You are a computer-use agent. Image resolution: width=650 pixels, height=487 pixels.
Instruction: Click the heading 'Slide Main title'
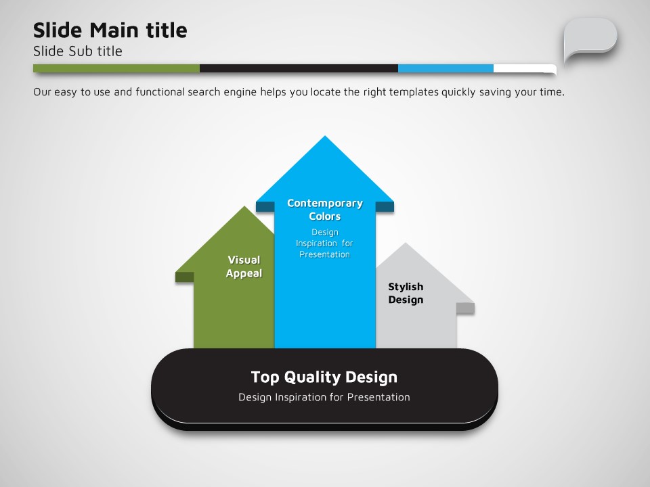[x=110, y=30]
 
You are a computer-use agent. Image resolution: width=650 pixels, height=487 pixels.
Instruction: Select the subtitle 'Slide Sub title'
[x=77, y=51]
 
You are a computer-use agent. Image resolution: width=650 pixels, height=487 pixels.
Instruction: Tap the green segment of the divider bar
[x=116, y=68]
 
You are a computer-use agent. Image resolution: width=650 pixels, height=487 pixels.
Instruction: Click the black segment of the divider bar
[x=299, y=68]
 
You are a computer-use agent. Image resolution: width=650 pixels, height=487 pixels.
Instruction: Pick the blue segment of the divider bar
[x=446, y=68]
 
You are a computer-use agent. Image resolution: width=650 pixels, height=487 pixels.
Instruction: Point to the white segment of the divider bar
[x=525, y=68]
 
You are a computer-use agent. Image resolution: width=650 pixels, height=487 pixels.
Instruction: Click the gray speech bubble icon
[x=590, y=39]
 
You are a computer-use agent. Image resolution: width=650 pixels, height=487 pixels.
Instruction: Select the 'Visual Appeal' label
[x=244, y=266]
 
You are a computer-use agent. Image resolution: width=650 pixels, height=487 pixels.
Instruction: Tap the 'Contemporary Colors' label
[x=325, y=210]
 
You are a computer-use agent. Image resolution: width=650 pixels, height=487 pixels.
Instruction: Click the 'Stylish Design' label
[x=406, y=293]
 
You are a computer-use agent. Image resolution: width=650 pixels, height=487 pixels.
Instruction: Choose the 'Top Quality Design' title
[x=324, y=377]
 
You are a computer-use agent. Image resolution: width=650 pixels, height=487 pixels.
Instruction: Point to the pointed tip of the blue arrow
[x=325, y=136]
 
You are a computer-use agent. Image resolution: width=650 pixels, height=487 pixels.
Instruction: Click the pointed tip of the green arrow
[x=244, y=207]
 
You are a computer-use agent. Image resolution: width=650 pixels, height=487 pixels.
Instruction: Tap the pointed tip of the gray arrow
[x=406, y=243]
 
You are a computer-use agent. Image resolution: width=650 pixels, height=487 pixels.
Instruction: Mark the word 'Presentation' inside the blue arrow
[x=324, y=254]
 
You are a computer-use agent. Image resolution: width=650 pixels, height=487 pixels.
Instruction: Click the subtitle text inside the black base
[x=324, y=397]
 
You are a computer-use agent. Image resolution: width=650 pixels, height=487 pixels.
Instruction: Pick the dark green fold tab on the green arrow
[x=184, y=277]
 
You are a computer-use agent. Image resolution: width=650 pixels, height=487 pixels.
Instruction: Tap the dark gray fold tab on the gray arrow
[x=466, y=308]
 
